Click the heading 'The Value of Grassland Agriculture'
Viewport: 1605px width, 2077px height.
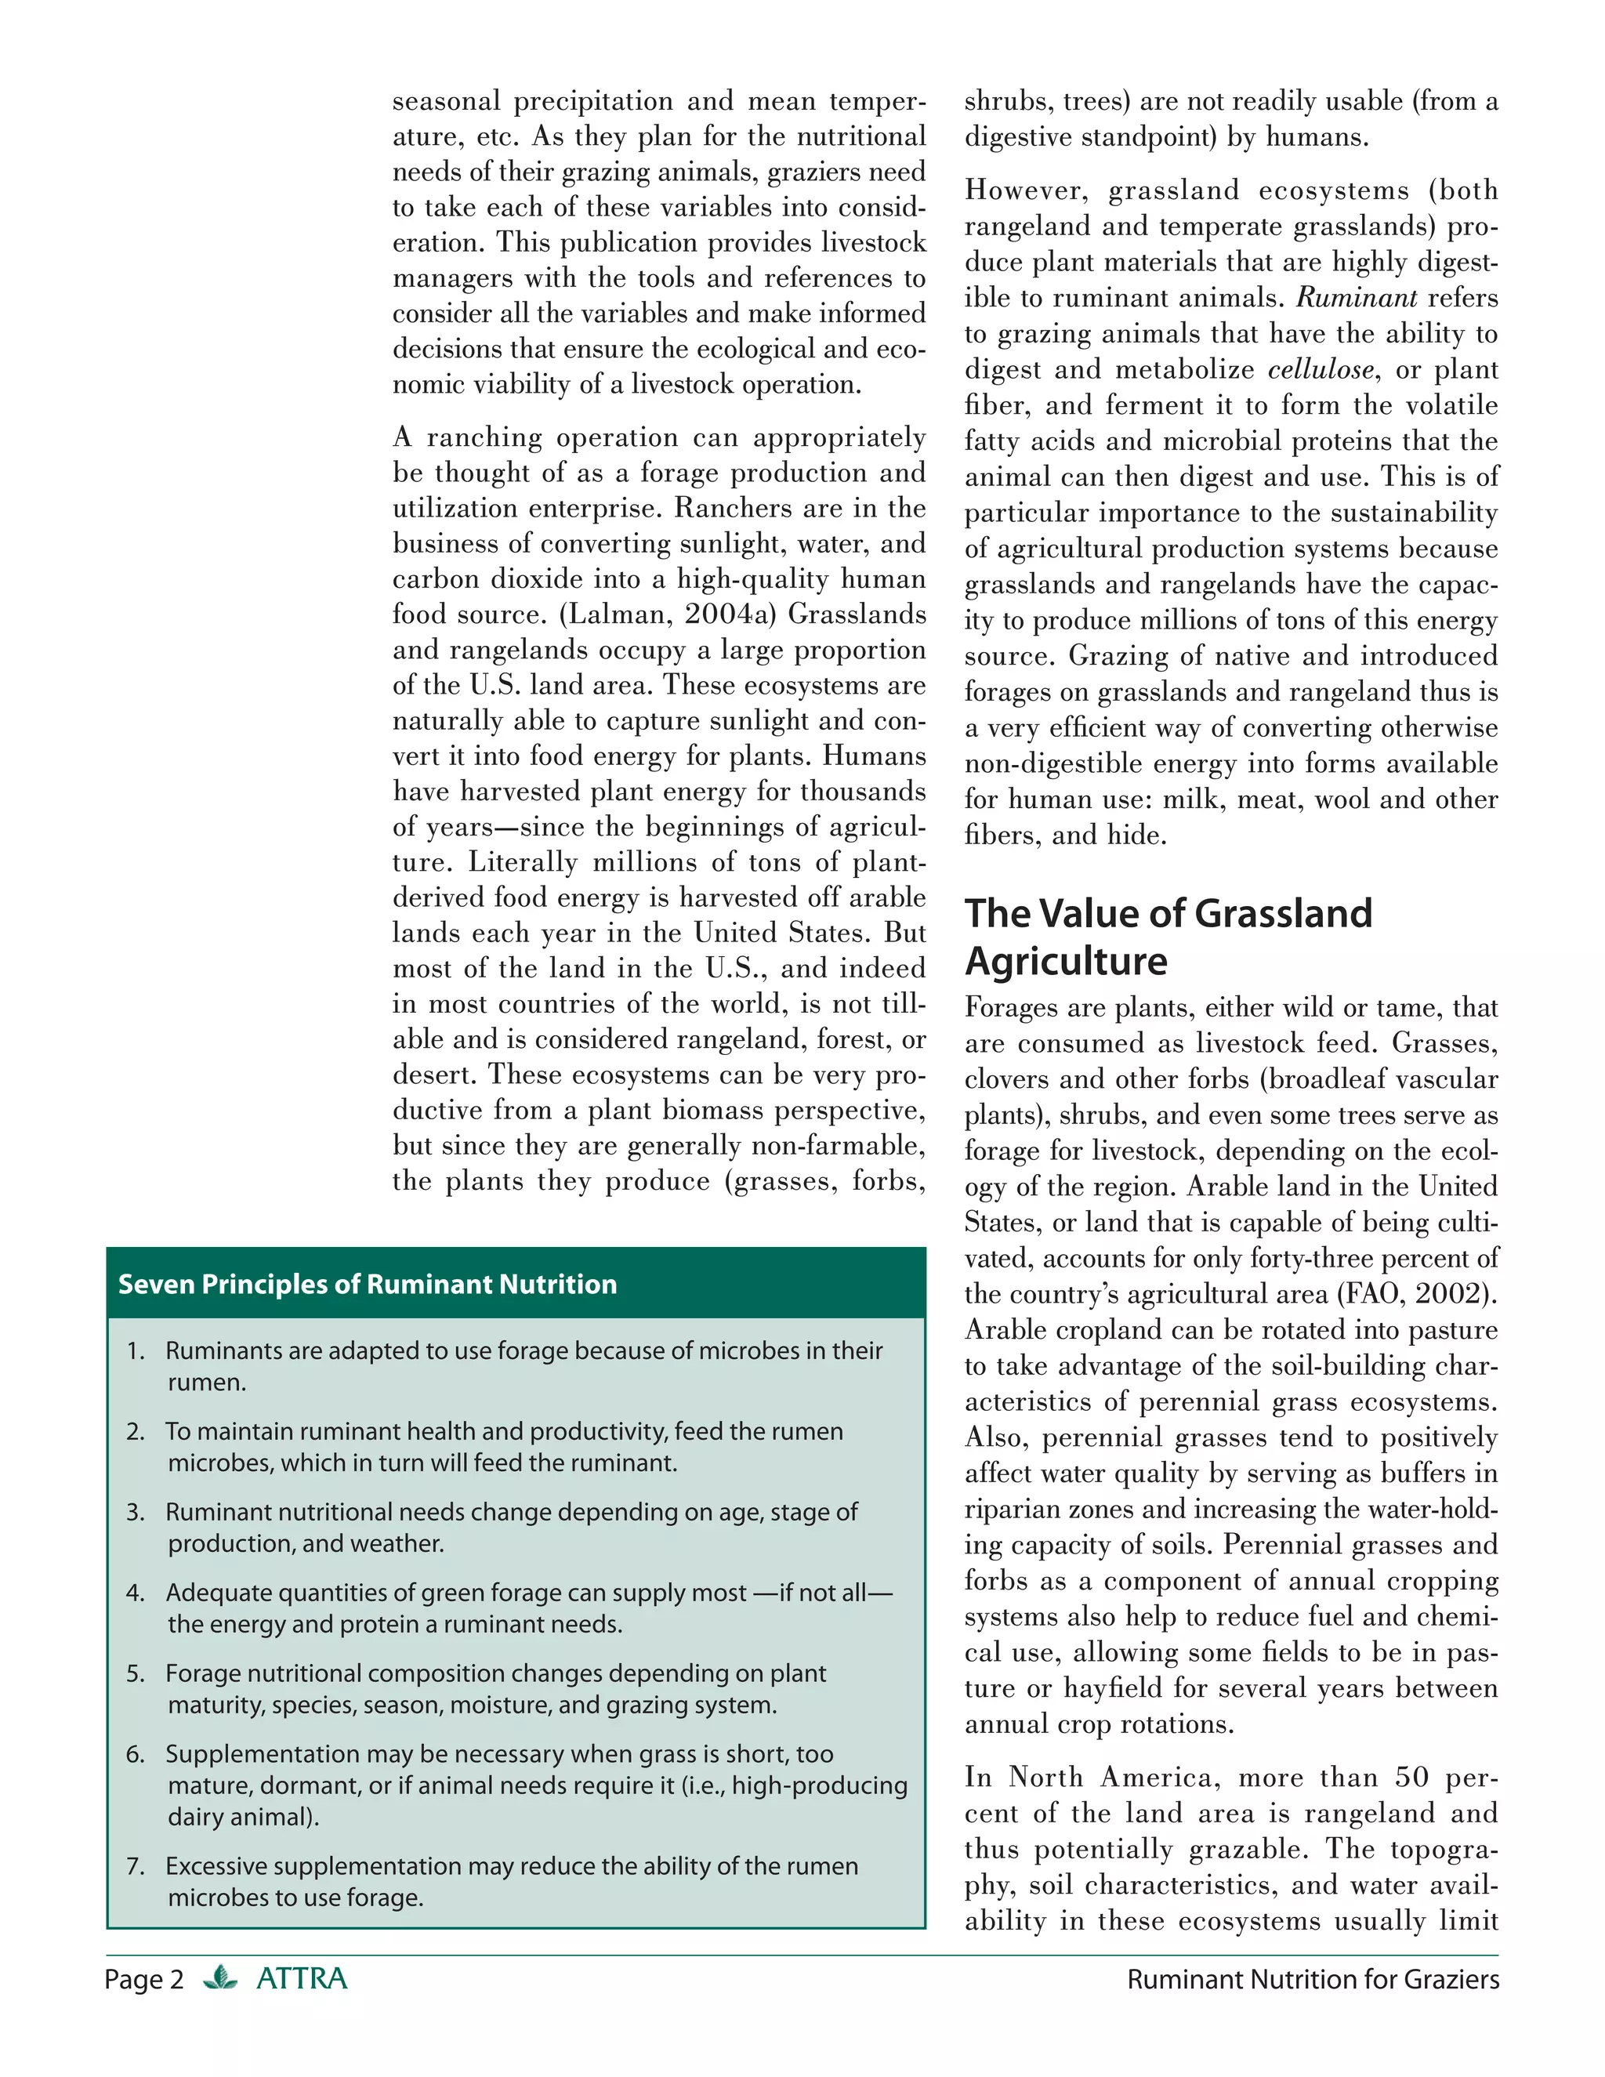pyautogui.click(x=1168, y=936)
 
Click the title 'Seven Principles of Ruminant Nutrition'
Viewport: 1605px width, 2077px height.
pyautogui.click(x=367, y=1284)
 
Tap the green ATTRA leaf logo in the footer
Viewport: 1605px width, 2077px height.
pyautogui.click(x=220, y=1978)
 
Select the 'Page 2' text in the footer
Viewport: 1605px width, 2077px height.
pyautogui.click(x=143, y=1979)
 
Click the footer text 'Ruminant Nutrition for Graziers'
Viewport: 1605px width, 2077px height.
pyautogui.click(x=1312, y=1979)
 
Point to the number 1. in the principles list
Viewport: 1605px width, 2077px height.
pyautogui.click(x=135, y=1350)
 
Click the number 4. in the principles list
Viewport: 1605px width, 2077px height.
pyautogui.click(x=135, y=1592)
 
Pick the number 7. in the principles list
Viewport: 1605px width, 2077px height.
pyautogui.click(x=135, y=1866)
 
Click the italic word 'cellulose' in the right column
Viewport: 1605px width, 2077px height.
pyautogui.click(x=1321, y=369)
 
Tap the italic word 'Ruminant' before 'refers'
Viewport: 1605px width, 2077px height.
pyautogui.click(x=1357, y=298)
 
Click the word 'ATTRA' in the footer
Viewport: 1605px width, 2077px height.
pyautogui.click(x=302, y=1978)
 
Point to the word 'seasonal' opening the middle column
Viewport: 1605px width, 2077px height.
pyautogui.click(x=446, y=101)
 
